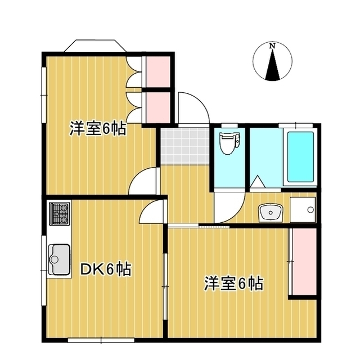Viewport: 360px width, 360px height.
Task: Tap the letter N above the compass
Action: pos(272,45)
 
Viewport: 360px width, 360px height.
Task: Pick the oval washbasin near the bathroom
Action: pos(270,213)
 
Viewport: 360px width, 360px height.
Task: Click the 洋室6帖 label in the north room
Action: pos(97,129)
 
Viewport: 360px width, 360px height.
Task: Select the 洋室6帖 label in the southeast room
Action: pos(233,283)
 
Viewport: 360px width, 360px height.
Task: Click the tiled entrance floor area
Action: pos(183,146)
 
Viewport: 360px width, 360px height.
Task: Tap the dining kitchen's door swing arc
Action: pos(150,211)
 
